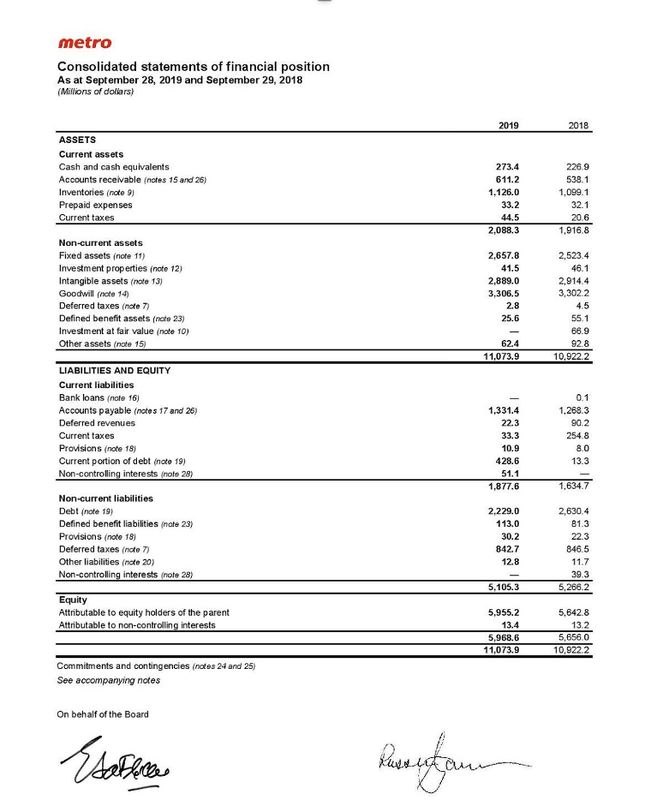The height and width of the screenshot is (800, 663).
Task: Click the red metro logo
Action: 84,43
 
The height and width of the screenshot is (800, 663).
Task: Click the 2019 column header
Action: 508,125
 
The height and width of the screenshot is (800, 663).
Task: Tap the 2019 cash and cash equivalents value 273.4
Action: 510,167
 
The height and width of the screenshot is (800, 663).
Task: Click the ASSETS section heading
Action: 77,139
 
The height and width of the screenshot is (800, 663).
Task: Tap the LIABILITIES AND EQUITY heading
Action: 114,371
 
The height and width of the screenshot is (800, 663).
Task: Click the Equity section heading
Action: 72,600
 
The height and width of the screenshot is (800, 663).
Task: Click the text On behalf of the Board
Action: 103,714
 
